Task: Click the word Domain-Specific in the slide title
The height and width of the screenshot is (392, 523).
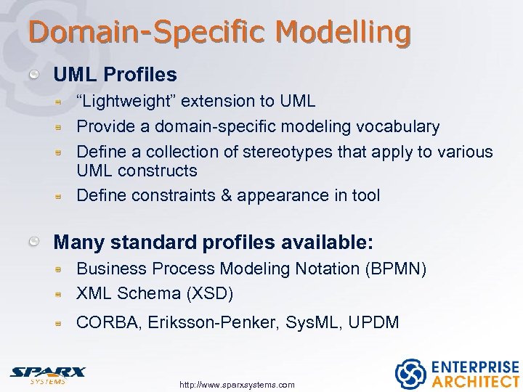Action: [x=149, y=33]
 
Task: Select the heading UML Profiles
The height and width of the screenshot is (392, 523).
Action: [x=115, y=75]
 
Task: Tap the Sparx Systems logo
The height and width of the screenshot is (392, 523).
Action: [x=48, y=374]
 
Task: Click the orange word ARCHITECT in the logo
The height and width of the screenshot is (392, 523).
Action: [x=476, y=382]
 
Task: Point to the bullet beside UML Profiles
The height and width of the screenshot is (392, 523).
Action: [x=35, y=75]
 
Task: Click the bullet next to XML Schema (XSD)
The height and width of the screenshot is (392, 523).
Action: [x=63, y=295]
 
